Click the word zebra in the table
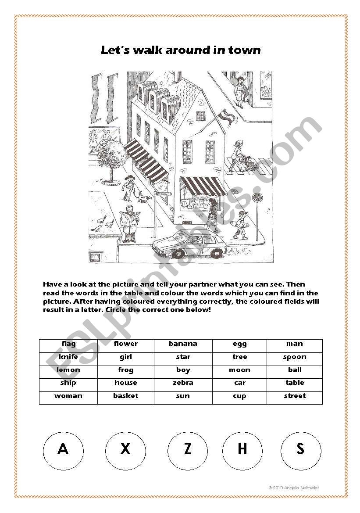point(183,383)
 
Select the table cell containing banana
point(183,344)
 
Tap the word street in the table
point(295,396)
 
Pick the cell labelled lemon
point(68,370)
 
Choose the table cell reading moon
point(239,370)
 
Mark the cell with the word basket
point(125,396)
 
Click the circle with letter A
point(63,449)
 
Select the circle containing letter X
point(125,449)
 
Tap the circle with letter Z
point(188,449)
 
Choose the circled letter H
point(242,449)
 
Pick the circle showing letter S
point(300,449)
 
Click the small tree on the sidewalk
point(113,154)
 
